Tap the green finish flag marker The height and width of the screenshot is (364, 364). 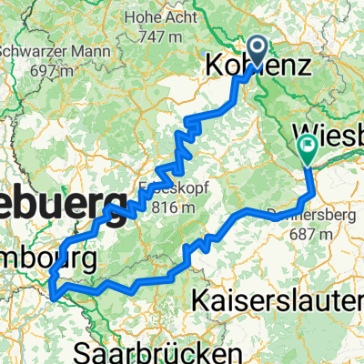306,144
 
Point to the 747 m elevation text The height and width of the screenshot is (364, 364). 164,36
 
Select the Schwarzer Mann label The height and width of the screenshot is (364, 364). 33,51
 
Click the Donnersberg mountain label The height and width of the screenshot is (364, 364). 312,216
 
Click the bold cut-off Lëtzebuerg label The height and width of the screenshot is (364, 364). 58,200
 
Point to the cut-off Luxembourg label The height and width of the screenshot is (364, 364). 45,259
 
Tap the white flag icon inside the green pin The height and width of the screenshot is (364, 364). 306,141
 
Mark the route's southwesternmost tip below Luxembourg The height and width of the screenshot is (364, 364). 54,295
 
